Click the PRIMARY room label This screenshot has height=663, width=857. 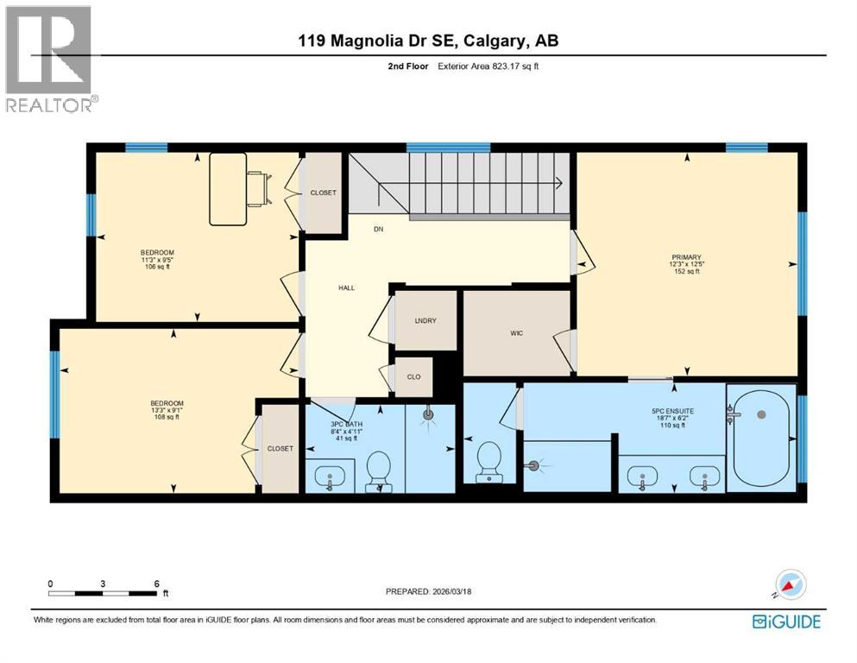pos(687,256)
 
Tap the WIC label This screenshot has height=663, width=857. pos(516,332)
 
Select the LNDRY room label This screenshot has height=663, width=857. pos(425,320)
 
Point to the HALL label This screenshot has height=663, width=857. pos(346,288)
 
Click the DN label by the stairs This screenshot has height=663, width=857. pos(378,230)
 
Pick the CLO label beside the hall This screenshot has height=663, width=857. pos(413,376)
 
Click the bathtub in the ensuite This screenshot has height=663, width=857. pos(760,438)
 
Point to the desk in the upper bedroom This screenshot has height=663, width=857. pos(229,189)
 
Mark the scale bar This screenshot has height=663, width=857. pos(104,592)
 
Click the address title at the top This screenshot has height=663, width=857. pos(428,41)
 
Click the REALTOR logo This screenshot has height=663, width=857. pos(50,59)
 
